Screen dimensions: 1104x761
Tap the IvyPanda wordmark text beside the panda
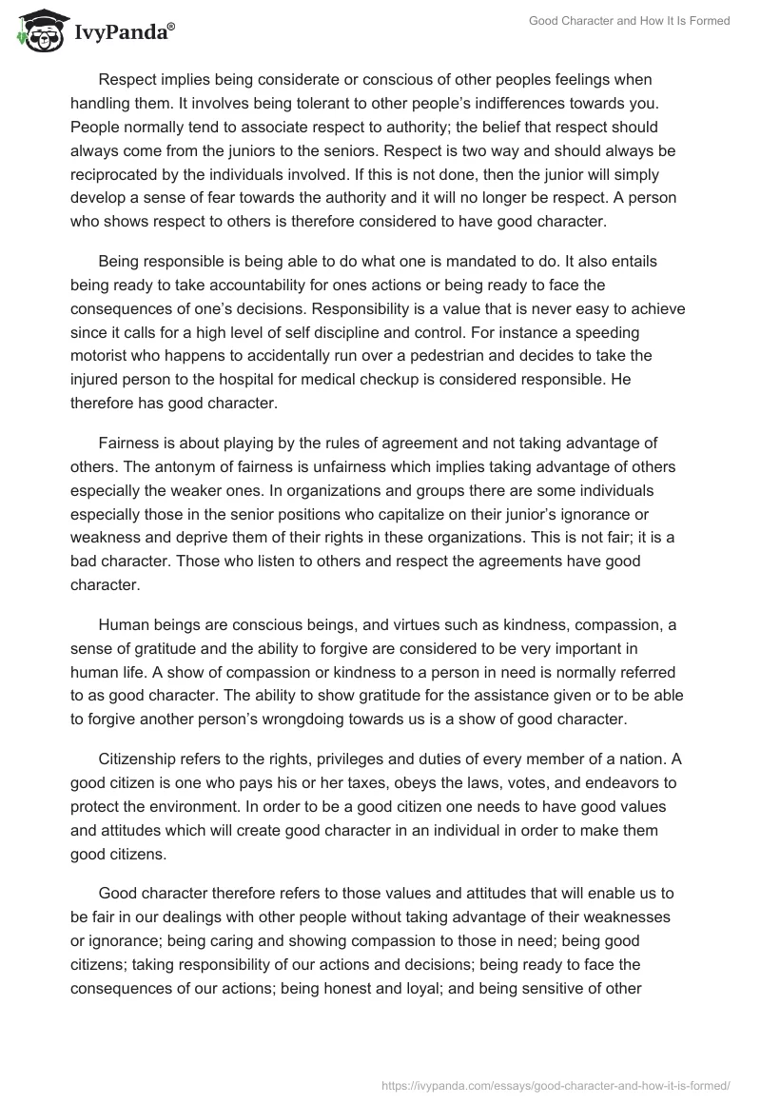tap(122, 33)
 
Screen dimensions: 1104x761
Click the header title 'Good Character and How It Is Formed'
tap(629, 21)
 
